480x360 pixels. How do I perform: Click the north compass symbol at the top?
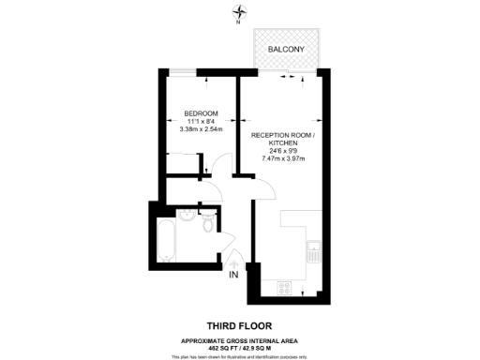(x=240, y=12)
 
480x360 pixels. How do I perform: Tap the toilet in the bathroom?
(x=208, y=225)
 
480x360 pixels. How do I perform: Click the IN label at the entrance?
(x=232, y=276)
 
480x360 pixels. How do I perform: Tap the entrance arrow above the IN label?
(x=232, y=263)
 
